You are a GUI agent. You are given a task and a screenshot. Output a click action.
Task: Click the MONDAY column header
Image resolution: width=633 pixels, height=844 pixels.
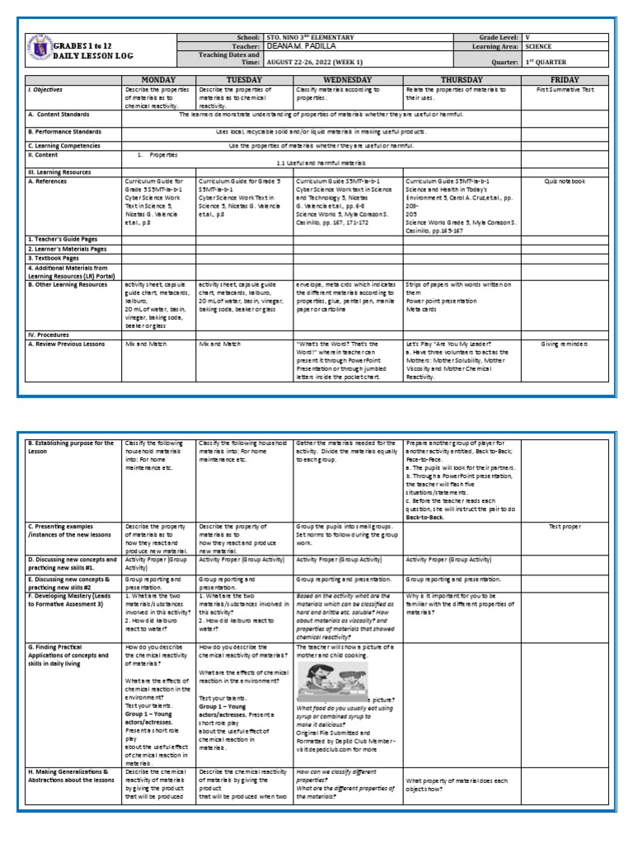click(x=158, y=80)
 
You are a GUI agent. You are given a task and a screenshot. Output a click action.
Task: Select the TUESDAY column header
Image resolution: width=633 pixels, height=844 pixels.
click(x=244, y=80)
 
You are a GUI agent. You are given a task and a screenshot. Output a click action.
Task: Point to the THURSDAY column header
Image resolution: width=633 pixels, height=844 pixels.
click(x=461, y=80)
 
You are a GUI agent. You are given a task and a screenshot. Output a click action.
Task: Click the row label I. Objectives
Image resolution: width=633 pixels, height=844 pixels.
click(x=46, y=89)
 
